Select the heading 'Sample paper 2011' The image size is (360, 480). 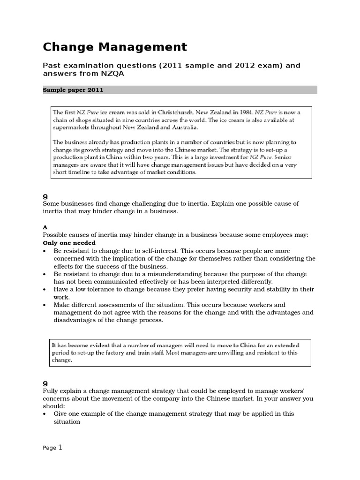(73, 90)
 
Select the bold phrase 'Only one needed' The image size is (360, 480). (69, 243)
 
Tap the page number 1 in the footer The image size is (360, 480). (60, 448)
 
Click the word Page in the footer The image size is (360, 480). (49, 448)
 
